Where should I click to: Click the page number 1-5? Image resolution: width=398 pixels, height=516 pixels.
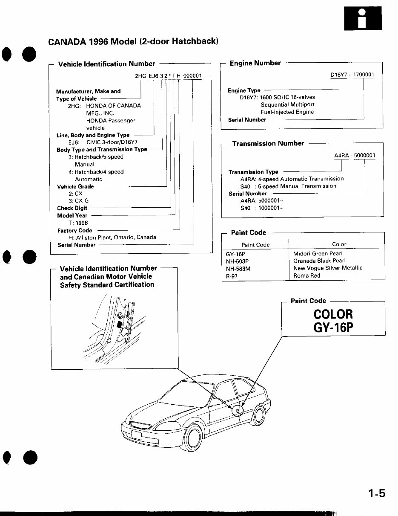pyautogui.click(x=377, y=494)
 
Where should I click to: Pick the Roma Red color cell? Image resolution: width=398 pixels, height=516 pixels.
pyautogui.click(x=306, y=275)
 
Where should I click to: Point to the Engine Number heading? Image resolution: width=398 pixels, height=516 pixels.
pyautogui.click(x=255, y=63)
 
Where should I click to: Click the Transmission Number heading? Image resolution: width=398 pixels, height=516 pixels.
pyautogui.click(x=268, y=143)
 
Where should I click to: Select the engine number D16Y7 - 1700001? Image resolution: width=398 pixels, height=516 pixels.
pyautogui.click(x=352, y=75)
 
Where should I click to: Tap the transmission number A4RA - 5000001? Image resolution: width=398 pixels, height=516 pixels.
pyautogui.click(x=355, y=156)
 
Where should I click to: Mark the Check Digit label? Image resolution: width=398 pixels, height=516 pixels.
pyautogui.click(x=72, y=208)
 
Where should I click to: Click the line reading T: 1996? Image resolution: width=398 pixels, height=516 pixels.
pyautogui.click(x=78, y=223)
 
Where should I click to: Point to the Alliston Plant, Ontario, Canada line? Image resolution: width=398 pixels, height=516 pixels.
pyautogui.click(x=112, y=237)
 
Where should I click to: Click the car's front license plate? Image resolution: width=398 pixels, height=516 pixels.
pyautogui.click(x=136, y=435)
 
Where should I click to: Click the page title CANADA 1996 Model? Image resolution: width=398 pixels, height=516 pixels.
pyautogui.click(x=133, y=42)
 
